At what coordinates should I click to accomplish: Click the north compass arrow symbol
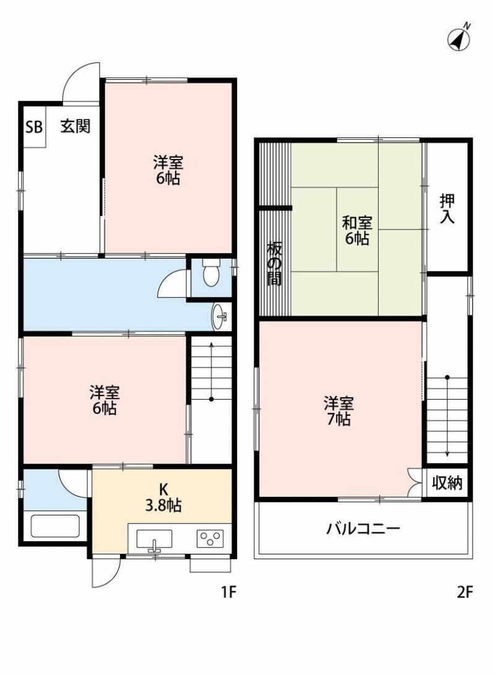click(x=459, y=38)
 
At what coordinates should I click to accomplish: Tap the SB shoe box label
click(x=34, y=127)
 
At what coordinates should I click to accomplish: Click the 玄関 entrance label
click(x=75, y=126)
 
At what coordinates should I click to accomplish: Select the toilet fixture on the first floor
click(x=211, y=272)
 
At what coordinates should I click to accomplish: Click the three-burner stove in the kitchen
click(x=210, y=538)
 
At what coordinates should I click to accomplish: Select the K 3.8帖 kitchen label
click(x=163, y=497)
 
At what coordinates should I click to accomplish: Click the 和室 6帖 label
click(x=357, y=231)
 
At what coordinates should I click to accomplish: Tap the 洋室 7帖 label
click(x=338, y=411)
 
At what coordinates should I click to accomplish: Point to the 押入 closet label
click(x=447, y=209)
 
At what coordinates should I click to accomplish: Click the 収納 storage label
click(x=447, y=483)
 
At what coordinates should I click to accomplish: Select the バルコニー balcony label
click(x=363, y=528)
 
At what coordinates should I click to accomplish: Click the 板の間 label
click(x=274, y=264)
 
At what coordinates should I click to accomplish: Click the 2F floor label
click(x=465, y=593)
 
